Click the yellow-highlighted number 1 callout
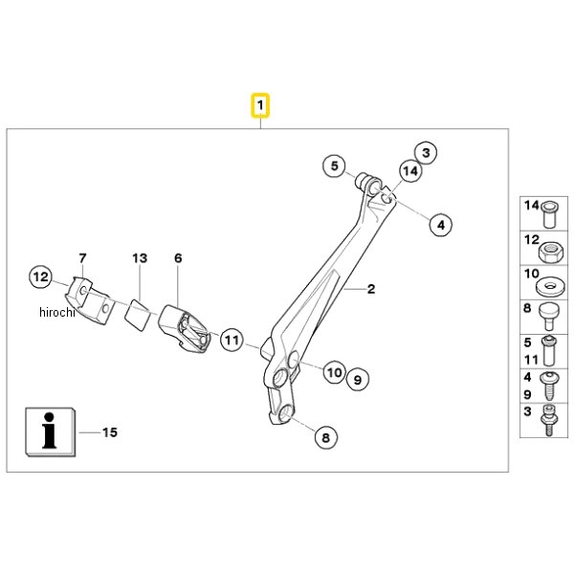tap(260, 105)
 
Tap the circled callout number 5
tap(334, 166)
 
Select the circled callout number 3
tap(426, 153)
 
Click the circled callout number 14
tap(410, 171)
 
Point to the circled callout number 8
tap(326, 437)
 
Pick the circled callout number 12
tap(40, 276)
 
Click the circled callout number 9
tap(358, 380)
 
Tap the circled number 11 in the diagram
tap(232, 340)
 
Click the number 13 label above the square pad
tap(140, 258)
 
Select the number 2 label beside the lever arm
tap(371, 289)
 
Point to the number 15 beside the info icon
tap(110, 432)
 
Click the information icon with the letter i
tap(51, 432)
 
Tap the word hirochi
tap(57, 312)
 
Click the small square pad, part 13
tap(137, 315)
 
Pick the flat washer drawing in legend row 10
tap(550, 287)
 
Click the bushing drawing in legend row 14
tap(549, 214)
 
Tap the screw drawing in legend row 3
tap(548, 420)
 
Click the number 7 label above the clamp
tap(82, 258)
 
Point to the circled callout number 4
tap(441, 225)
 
